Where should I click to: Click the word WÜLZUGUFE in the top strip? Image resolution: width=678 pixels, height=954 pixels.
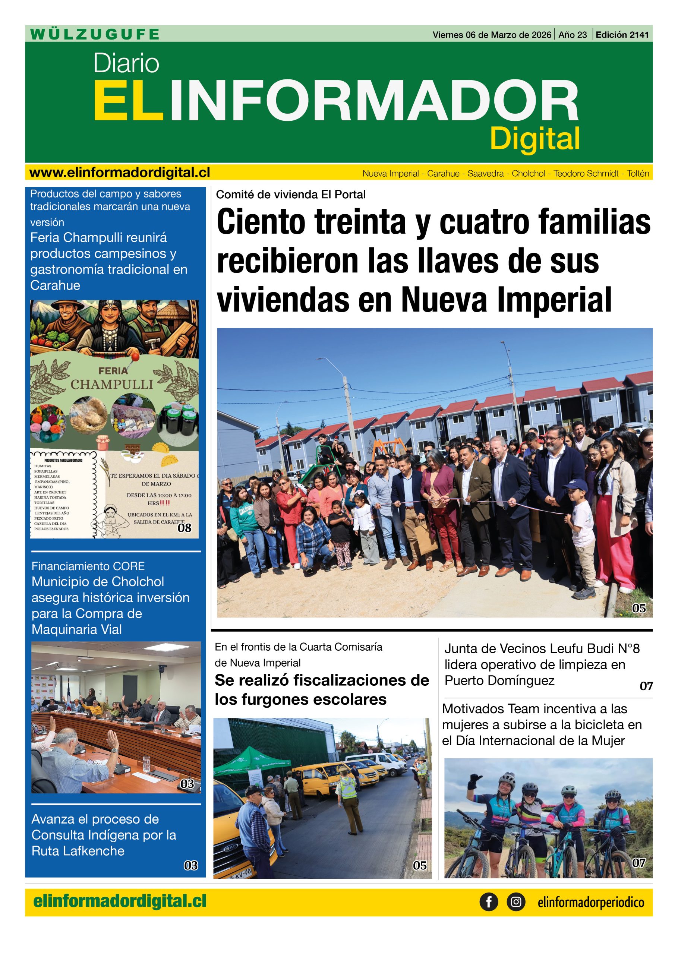[x=95, y=34]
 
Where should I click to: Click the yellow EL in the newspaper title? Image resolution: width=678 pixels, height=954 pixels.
[x=127, y=101]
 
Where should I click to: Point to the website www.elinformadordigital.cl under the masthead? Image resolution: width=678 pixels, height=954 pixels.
[x=120, y=173]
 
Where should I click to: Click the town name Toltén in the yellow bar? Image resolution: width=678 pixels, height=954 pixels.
[x=638, y=174]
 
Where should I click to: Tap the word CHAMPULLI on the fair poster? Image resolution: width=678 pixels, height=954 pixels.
[x=112, y=384]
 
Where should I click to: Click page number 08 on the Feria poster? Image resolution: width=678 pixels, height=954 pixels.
[x=185, y=528]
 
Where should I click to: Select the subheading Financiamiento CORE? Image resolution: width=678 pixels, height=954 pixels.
[x=88, y=566]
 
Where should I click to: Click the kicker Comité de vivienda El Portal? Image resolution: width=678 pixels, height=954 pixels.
[x=291, y=195]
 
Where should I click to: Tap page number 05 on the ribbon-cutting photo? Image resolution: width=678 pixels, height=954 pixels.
[x=639, y=609]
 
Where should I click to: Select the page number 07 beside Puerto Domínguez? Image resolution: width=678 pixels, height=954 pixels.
[x=646, y=686]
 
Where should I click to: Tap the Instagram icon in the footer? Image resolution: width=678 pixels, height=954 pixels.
[x=516, y=902]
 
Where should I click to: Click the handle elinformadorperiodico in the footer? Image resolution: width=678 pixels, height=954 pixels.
[x=591, y=903]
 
